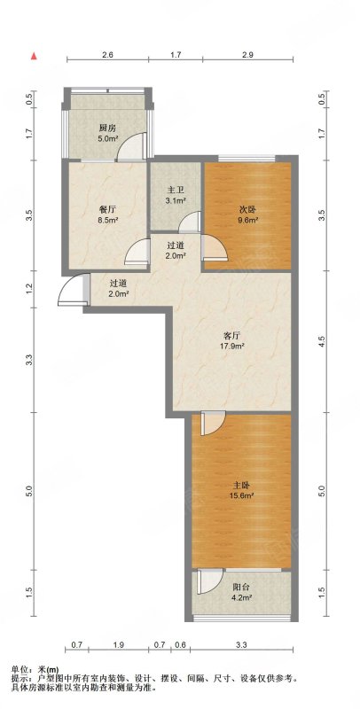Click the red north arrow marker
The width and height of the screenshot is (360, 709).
click(x=34, y=56)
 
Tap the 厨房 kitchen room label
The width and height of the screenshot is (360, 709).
click(x=106, y=128)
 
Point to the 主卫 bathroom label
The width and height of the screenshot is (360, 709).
click(x=175, y=190)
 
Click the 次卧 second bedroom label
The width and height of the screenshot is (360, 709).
click(x=246, y=210)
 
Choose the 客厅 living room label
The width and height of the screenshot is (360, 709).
click(x=231, y=336)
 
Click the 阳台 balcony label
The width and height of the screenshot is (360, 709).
click(x=240, y=588)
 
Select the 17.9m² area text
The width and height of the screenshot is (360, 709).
click(x=232, y=347)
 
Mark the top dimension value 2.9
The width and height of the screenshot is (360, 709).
click(x=247, y=55)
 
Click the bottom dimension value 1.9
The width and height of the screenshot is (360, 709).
click(x=119, y=645)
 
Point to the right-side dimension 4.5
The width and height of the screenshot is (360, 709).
click(x=322, y=342)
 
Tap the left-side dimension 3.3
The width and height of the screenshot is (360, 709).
click(x=30, y=361)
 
